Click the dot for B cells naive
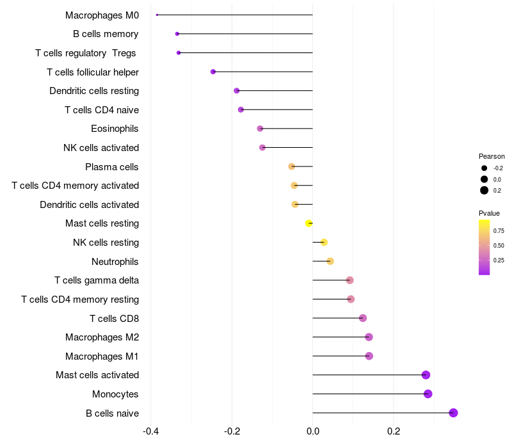tap(453, 413)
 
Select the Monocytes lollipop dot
tap(428, 394)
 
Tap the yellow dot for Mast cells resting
tap(309, 223)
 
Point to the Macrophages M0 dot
tap(157, 15)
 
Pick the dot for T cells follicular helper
tap(213, 72)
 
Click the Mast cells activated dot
tap(426, 375)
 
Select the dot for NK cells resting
tap(324, 243)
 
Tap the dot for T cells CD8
tap(363, 318)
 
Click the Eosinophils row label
tap(115, 129)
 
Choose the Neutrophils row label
tap(115, 261)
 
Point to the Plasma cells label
tap(112, 166)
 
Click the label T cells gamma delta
tap(97, 280)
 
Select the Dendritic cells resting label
tap(94, 91)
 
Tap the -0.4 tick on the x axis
tap(150, 431)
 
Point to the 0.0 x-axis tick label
tap(312, 431)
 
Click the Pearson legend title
tap(492, 156)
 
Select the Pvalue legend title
tap(489, 213)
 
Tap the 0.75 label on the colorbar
tap(499, 230)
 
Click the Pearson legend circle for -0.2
tap(484, 168)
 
